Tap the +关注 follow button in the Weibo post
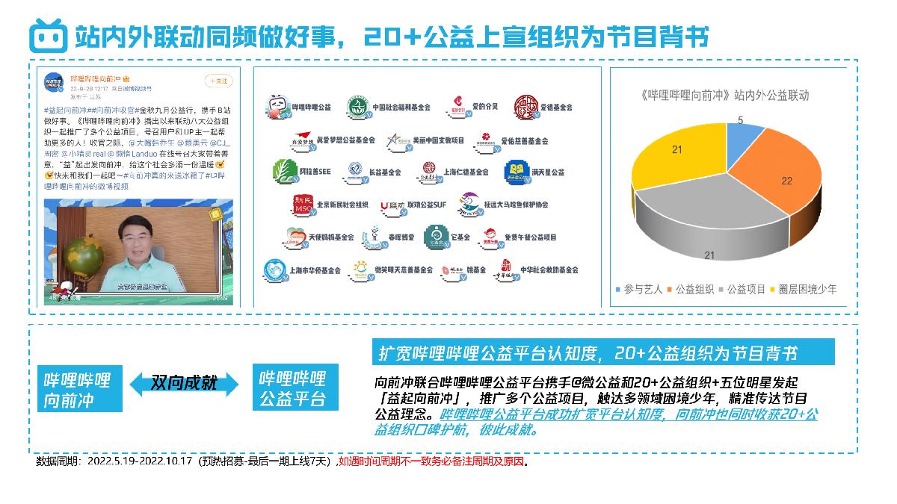[x=219, y=81]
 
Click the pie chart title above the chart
[x=725, y=96]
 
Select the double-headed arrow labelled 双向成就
[x=184, y=383]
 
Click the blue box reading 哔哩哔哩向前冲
[x=80, y=389]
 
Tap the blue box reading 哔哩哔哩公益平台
[x=292, y=388]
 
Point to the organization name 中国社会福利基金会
[x=401, y=108]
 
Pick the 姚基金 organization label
[x=476, y=270]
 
